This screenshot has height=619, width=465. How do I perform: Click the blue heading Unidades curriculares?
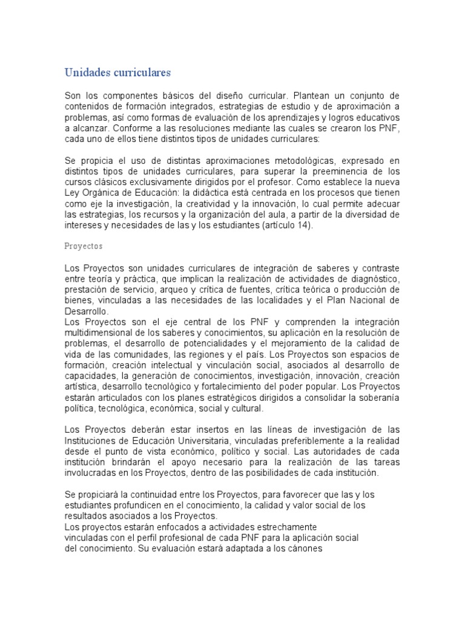(118, 73)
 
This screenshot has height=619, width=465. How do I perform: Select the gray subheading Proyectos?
(84, 247)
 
